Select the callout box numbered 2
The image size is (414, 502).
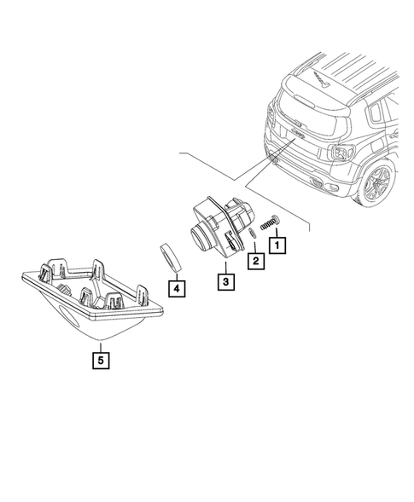(254, 261)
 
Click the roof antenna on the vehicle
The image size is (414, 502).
(322, 82)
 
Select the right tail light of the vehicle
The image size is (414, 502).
(341, 153)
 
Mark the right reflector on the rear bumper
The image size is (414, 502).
(317, 186)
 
